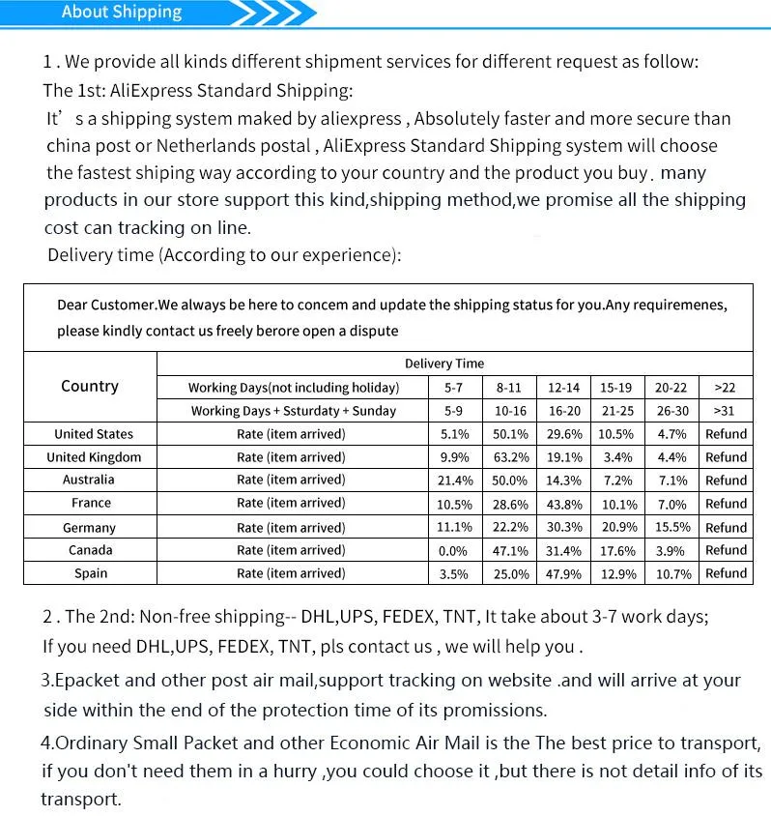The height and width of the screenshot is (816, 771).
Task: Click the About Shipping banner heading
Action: [x=122, y=13]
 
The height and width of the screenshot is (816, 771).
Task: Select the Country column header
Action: [x=90, y=386]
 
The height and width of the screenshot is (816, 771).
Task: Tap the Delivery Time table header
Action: [x=443, y=364]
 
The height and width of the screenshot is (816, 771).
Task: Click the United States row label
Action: [x=94, y=434]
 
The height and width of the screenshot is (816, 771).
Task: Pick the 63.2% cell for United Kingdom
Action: [x=511, y=457]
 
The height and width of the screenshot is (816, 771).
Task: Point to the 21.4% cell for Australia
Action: [x=455, y=481]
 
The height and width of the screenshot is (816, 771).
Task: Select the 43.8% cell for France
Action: [x=564, y=504]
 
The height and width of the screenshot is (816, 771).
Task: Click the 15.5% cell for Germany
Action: [x=671, y=527]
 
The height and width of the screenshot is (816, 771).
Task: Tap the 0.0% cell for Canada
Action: [x=453, y=550]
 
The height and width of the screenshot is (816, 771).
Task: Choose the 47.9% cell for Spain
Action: [x=564, y=573]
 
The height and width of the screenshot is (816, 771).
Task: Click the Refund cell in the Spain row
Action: [x=726, y=573]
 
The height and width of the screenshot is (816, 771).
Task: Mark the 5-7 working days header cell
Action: [x=455, y=388]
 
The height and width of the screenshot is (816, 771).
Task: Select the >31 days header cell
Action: [x=725, y=411]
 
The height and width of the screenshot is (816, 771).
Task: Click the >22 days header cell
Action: [x=725, y=388]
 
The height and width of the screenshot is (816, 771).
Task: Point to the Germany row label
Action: [x=90, y=527]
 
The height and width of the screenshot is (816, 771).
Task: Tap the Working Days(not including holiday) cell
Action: [x=294, y=388]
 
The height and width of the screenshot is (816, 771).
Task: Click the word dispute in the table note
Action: [x=375, y=331]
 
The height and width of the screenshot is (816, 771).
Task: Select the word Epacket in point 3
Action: [x=91, y=680]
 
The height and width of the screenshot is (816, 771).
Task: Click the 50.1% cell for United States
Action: [x=511, y=434]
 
